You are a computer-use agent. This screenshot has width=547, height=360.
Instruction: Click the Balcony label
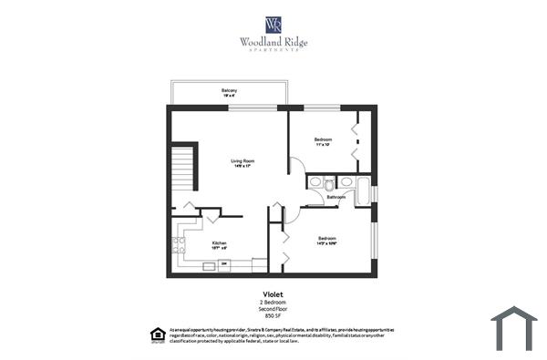[x=229, y=90]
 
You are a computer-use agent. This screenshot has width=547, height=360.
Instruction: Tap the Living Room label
[x=242, y=160]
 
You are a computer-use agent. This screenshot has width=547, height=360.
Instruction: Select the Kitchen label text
[x=219, y=242]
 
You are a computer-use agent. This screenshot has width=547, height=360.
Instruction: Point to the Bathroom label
[x=336, y=197]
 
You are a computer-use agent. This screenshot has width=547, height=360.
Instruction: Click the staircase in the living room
[x=186, y=168]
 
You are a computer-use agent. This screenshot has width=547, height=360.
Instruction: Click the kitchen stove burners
[x=181, y=243]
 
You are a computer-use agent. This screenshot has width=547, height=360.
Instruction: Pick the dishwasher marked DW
[x=209, y=265]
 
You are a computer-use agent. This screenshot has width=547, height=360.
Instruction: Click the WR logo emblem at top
[x=273, y=23]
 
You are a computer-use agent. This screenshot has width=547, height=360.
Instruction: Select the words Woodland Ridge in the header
[x=273, y=41]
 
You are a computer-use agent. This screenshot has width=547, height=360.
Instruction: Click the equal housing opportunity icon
[x=155, y=334]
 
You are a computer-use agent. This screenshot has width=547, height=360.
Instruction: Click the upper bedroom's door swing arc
[x=297, y=167]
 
